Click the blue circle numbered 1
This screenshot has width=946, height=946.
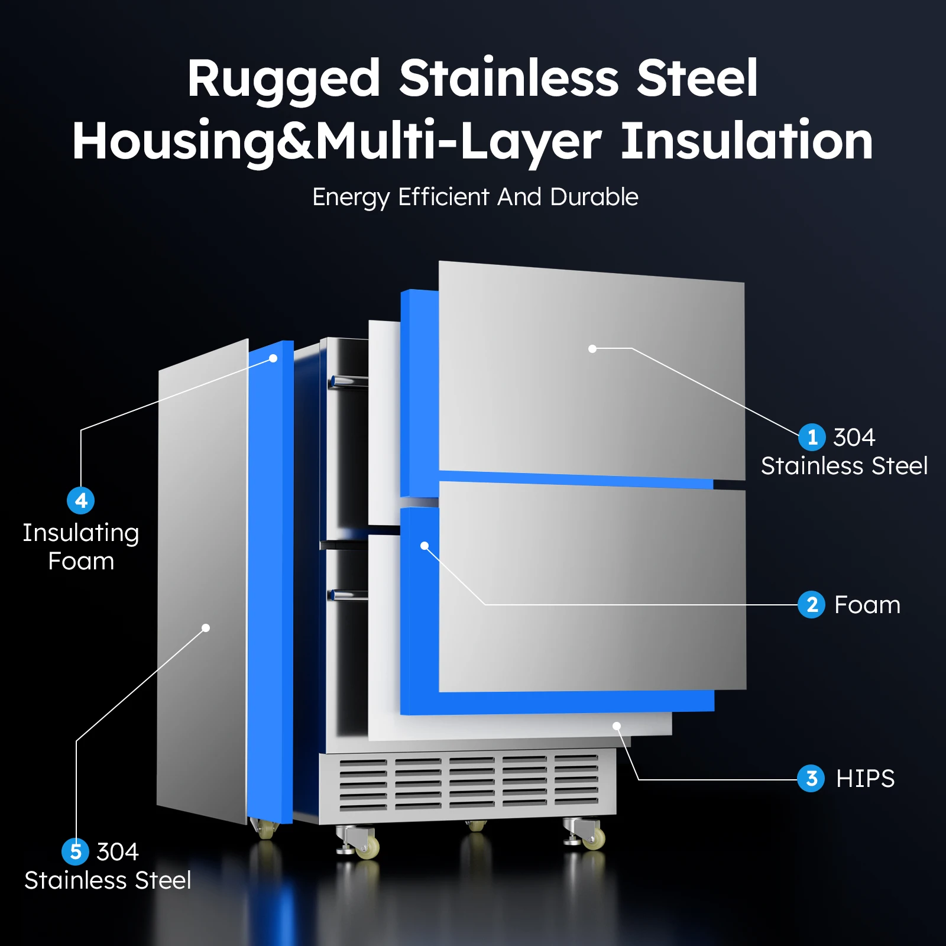[812, 437]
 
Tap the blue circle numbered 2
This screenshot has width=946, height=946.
[812, 604]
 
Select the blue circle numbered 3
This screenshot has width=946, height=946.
[811, 778]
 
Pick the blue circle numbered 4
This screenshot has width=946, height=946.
[81, 500]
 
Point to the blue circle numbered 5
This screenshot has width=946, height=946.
[76, 851]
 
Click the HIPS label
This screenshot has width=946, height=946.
[865, 779]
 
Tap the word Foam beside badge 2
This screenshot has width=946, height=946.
[867, 605]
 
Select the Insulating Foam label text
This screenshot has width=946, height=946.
[81, 547]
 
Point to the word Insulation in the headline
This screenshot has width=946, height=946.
[747, 141]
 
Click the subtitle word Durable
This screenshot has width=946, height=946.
[594, 197]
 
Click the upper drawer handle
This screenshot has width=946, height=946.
[348, 381]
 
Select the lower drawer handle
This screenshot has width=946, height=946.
[348, 595]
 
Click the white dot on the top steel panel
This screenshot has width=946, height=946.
[592, 349]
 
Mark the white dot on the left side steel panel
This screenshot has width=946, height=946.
[206, 628]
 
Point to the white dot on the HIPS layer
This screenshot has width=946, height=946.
[617, 726]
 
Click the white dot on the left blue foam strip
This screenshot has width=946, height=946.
[273, 358]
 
